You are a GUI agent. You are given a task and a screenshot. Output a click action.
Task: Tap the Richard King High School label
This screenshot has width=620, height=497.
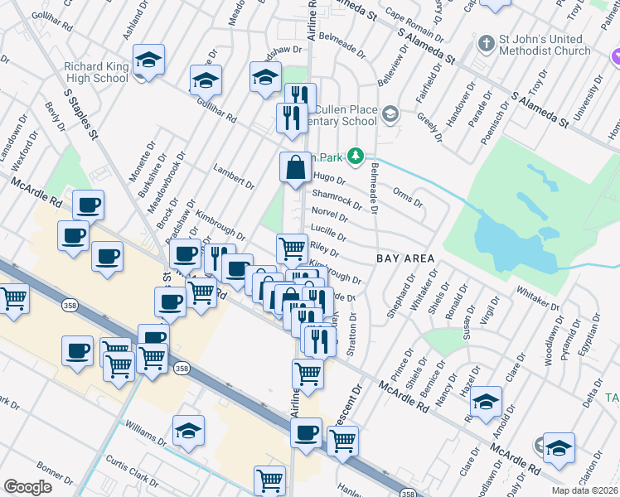pyautogui.click(x=96, y=72)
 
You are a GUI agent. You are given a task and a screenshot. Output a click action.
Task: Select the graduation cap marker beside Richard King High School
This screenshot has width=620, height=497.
pyautogui.click(x=149, y=60)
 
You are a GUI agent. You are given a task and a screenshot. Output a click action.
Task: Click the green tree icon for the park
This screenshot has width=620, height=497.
pyautogui.click(x=356, y=155)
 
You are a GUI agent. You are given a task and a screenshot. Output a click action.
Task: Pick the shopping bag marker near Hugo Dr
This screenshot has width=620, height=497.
pyautogui.click(x=295, y=168)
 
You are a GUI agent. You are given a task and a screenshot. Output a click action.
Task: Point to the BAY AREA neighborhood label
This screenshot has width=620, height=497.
pyautogui.click(x=406, y=258)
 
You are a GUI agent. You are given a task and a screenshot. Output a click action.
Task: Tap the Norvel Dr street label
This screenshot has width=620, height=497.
pyautogui.click(x=329, y=214)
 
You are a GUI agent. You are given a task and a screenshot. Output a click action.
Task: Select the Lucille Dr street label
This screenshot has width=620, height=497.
pyautogui.click(x=328, y=231)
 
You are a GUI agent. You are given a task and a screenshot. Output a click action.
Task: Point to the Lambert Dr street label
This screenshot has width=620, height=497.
pyautogui.click(x=233, y=176)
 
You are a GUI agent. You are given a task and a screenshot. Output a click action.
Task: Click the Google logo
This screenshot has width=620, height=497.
pyautogui.click(x=27, y=487)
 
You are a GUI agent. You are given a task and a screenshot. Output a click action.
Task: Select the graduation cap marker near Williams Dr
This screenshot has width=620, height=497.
pyautogui.click(x=189, y=432)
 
